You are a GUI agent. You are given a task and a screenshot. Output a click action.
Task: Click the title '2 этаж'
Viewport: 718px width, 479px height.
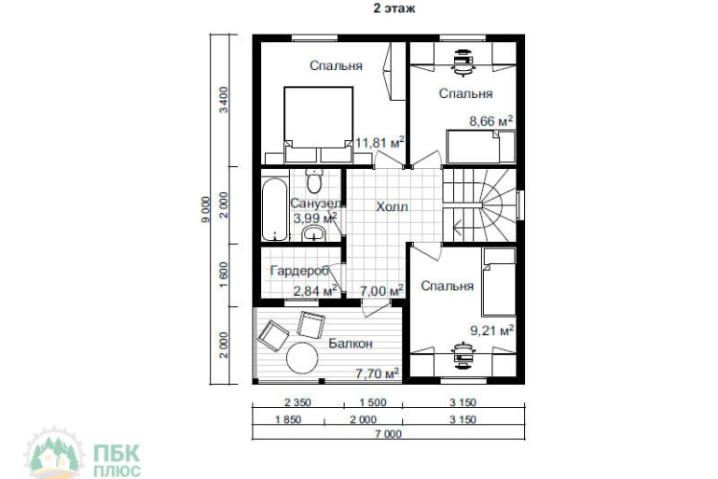[x=394, y=8]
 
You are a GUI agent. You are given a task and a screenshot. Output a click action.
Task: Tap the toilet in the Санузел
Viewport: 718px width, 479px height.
[x=314, y=181]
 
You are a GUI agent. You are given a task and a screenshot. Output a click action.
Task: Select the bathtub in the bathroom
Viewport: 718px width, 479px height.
[x=275, y=209]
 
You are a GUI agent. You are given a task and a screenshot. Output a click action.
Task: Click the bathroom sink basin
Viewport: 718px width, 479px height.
[x=314, y=233]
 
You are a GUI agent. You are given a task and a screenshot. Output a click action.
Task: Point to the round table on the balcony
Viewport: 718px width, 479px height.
[x=303, y=359]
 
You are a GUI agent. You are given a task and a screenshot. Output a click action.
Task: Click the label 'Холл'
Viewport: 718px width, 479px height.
[x=392, y=206]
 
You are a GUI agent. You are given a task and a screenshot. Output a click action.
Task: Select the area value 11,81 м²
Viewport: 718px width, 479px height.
[x=380, y=143]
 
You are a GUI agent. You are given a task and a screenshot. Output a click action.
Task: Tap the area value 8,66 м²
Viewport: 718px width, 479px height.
[x=490, y=121]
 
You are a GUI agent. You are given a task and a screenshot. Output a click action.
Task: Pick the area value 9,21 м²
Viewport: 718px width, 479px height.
[x=491, y=330]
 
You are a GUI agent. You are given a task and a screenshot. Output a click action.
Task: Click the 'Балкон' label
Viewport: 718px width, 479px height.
[x=351, y=344]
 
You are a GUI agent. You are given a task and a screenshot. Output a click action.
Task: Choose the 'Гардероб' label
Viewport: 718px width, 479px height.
[x=300, y=271]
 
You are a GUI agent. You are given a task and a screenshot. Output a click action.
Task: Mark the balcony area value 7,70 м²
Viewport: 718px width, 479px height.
[x=378, y=373]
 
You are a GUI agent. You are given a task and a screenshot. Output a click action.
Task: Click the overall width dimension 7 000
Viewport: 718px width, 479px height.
[x=388, y=433]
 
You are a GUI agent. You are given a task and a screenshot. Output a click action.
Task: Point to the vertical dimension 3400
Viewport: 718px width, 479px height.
[x=224, y=100]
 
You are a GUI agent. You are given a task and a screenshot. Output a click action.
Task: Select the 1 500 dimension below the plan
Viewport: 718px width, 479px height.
[x=373, y=402]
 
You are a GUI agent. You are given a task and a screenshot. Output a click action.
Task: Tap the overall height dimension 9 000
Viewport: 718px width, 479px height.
[x=205, y=209]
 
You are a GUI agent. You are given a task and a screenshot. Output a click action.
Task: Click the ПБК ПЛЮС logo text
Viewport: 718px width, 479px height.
[x=117, y=460]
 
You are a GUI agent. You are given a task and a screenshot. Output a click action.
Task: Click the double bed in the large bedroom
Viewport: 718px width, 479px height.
[x=318, y=124]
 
